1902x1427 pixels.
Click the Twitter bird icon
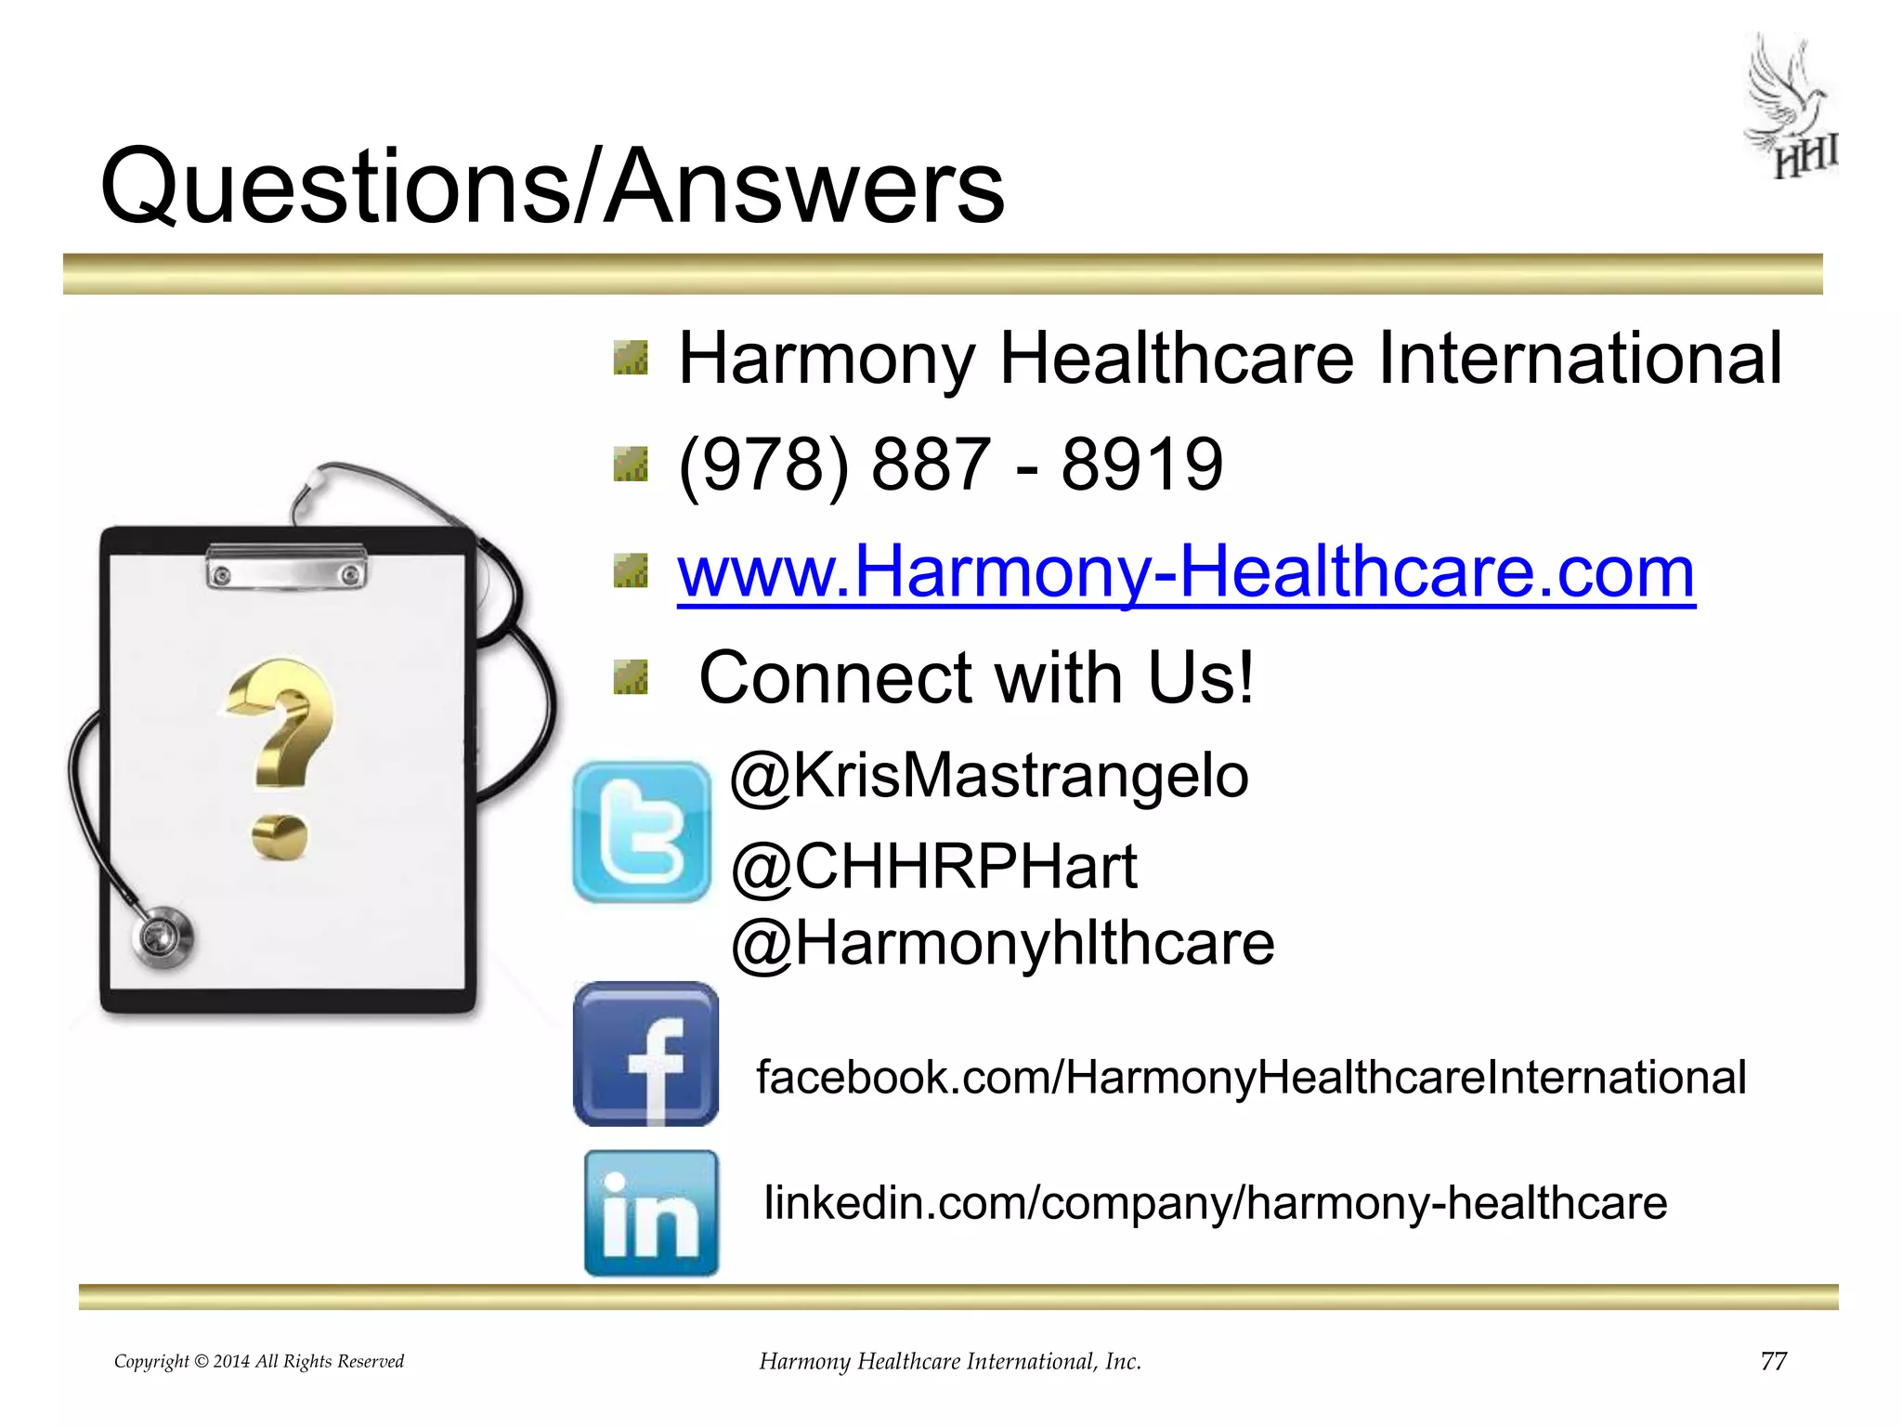[642, 831]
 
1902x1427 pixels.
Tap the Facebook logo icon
[646, 1054]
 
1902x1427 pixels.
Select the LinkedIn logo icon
[651, 1212]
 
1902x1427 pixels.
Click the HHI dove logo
[1791, 107]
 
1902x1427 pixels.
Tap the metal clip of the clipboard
[286, 566]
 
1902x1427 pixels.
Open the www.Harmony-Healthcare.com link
[1186, 571]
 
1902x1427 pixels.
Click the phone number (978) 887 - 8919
[950, 464]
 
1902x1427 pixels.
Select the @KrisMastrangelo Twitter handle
[989, 775]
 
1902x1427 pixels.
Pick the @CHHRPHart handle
[933, 867]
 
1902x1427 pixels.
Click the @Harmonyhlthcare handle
[1003, 944]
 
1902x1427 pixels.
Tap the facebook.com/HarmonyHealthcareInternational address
[1251, 1078]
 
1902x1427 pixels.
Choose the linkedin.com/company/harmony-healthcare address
[1215, 1203]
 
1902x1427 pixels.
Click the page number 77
[1773, 1361]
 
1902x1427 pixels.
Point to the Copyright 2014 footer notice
[259, 1362]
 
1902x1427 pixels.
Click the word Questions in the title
[334, 189]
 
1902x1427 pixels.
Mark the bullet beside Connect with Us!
[631, 677]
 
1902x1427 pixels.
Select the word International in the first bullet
[1579, 359]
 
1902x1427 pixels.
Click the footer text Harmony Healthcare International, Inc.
[950, 1362]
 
